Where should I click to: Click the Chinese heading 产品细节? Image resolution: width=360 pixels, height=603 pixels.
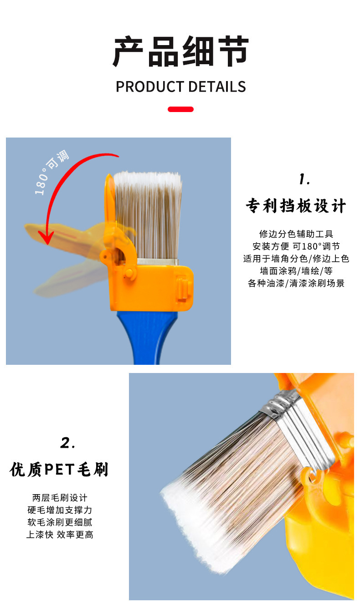[180, 51]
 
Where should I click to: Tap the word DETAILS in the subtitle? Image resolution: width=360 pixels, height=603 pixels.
[217, 87]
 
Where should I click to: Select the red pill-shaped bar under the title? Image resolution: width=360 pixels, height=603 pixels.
[181, 109]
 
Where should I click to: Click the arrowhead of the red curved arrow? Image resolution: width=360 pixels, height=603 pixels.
[45, 236]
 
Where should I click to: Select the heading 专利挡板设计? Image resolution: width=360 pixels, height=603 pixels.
[296, 206]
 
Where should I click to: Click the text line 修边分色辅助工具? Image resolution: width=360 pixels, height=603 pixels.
[296, 234]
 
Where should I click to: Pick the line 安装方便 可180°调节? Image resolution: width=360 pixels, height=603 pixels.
[296, 246]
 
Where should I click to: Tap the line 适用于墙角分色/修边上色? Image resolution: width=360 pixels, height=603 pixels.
[296, 259]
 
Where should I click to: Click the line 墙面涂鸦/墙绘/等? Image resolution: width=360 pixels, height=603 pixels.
[296, 271]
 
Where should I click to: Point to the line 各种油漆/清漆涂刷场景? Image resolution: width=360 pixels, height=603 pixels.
[296, 283]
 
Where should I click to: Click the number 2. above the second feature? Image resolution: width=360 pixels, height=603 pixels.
[68, 443]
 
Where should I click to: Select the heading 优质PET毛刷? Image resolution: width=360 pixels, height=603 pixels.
[59, 470]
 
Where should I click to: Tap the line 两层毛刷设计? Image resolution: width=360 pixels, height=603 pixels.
[60, 498]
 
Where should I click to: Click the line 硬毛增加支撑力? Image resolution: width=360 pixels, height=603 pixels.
[60, 510]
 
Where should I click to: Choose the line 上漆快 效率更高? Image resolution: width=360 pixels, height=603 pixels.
[60, 535]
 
